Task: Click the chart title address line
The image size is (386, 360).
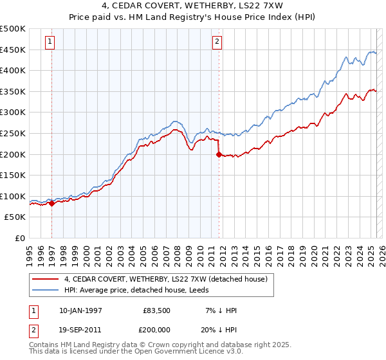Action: tap(192, 6)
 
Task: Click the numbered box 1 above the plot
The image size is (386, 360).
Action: tap(50, 42)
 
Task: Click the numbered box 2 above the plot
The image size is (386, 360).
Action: tap(217, 42)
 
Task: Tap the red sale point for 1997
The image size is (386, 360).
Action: tap(52, 203)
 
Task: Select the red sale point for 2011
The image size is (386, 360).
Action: tap(219, 154)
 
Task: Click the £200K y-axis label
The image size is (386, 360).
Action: tap(14, 154)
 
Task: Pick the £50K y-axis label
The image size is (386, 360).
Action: tap(16, 217)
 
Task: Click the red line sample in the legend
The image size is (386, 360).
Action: tap(46, 279)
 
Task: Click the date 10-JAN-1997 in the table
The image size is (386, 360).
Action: tap(80, 310)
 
